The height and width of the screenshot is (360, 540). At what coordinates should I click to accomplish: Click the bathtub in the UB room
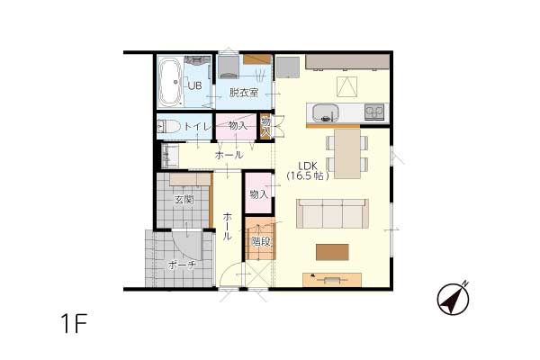(x=170, y=82)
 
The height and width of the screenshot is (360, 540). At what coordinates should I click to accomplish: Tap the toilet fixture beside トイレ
(x=169, y=126)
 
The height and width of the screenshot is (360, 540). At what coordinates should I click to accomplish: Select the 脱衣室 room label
(x=244, y=93)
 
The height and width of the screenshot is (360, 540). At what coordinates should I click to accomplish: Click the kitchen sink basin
(x=325, y=113)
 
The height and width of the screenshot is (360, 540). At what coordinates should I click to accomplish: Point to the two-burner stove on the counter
(x=374, y=112)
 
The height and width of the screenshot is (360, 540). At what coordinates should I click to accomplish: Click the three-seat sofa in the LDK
(x=332, y=213)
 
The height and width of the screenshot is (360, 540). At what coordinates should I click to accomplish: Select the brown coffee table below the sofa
(x=332, y=252)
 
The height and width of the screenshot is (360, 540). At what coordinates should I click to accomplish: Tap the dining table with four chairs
(x=347, y=154)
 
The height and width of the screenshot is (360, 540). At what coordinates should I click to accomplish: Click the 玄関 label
(x=184, y=200)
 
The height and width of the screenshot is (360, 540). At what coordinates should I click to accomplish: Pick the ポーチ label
(x=182, y=265)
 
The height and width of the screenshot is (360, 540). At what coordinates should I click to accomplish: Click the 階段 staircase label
(x=260, y=242)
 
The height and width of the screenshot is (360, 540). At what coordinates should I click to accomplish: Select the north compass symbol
(x=454, y=298)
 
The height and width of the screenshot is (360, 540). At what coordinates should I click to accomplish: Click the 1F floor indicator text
(x=74, y=323)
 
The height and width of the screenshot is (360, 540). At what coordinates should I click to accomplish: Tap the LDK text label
(x=308, y=166)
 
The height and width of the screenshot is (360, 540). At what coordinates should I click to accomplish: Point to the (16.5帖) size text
(x=308, y=176)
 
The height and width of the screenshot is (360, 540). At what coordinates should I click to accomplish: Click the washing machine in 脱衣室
(x=229, y=67)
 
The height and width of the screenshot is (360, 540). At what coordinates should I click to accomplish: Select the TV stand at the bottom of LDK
(x=332, y=280)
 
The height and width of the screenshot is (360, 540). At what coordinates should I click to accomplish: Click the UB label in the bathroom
(x=195, y=85)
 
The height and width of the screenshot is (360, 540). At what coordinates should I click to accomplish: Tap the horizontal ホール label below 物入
(x=229, y=155)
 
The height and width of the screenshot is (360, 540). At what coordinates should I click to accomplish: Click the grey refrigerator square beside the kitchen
(x=288, y=67)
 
